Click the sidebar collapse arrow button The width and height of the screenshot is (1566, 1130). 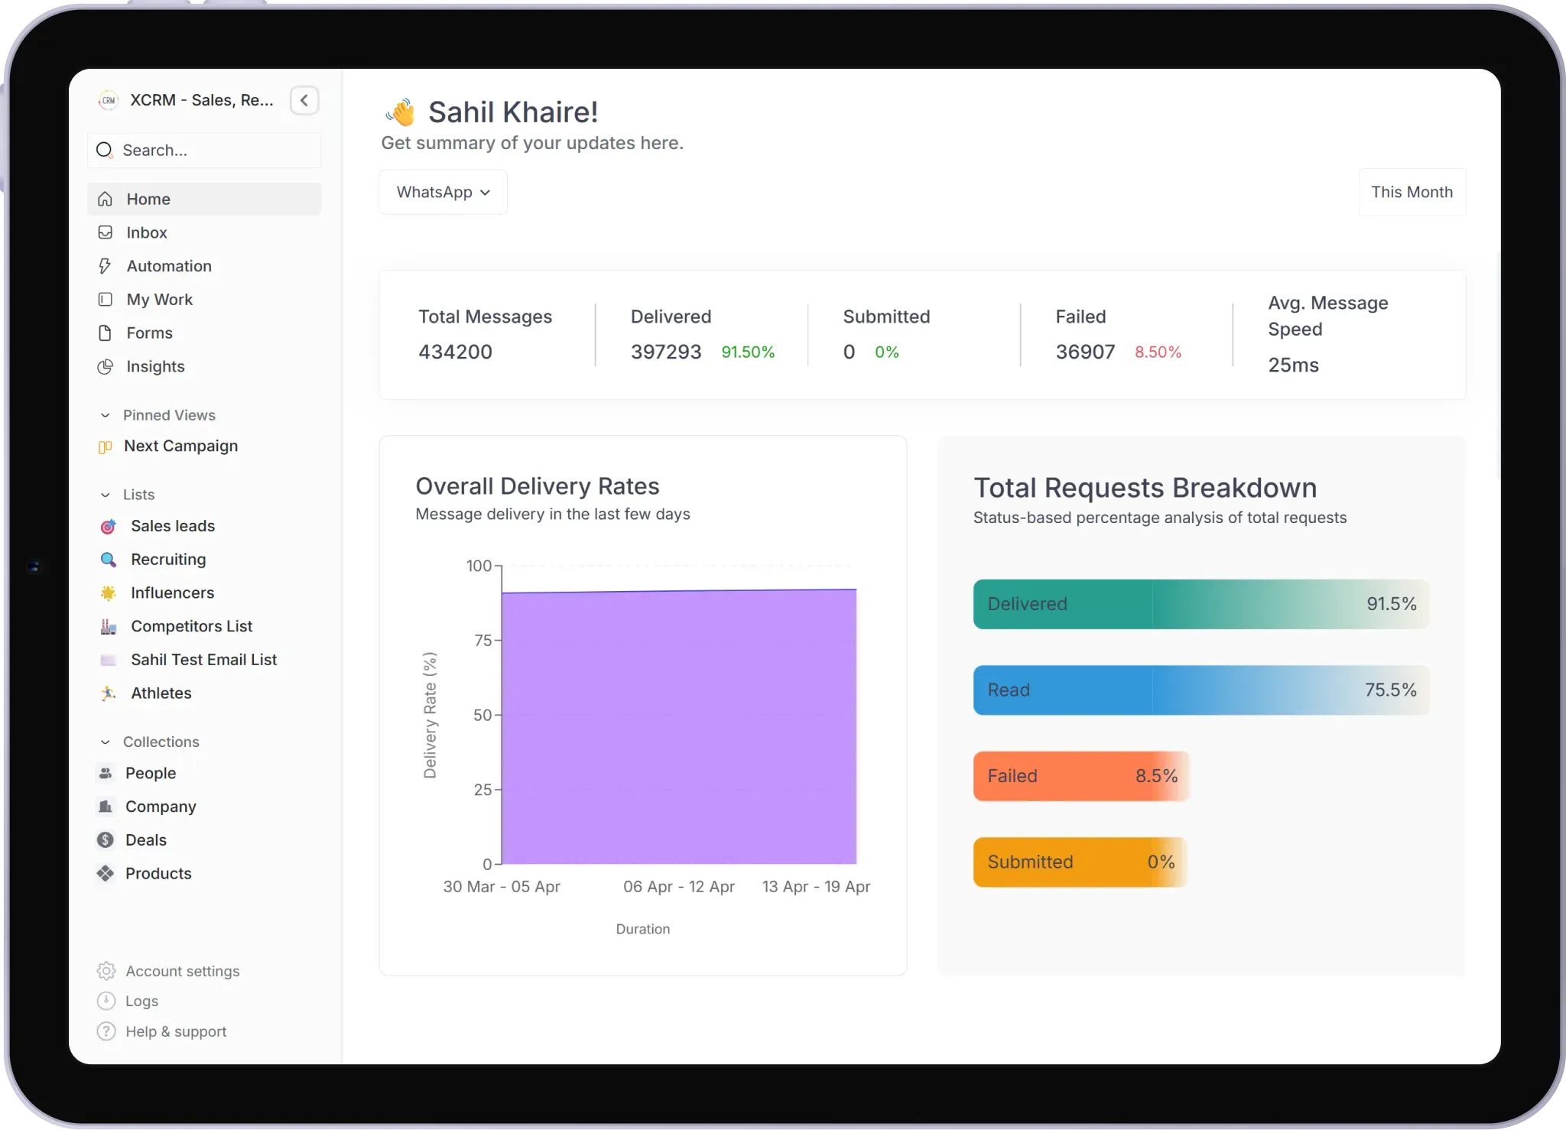pos(304,100)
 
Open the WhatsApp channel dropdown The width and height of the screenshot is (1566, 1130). pos(443,192)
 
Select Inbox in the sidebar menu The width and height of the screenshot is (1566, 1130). pos(147,232)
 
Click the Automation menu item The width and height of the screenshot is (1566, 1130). pos(169,266)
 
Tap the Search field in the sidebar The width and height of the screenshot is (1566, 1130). pos(204,151)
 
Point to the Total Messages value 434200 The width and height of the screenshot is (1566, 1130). pos(455,352)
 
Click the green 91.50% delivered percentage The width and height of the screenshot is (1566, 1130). pos(748,352)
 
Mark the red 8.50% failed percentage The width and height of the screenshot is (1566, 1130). pos(1158,352)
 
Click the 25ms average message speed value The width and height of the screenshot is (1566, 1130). pos(1293,365)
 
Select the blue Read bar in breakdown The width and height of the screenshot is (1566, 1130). pos(1200,690)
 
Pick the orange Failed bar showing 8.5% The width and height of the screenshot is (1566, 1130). pos(1080,776)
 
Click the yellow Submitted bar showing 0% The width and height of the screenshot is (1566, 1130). pos(1080,862)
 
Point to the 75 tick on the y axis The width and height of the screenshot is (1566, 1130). pos(483,640)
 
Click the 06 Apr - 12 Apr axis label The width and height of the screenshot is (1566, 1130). pos(678,886)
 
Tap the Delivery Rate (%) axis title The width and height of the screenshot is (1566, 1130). pos(430,715)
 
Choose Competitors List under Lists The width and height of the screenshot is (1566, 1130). pos(191,626)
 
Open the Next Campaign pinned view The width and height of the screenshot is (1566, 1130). pos(180,446)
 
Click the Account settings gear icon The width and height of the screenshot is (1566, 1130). pos(106,971)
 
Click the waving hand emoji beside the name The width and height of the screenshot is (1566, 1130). pos(401,112)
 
